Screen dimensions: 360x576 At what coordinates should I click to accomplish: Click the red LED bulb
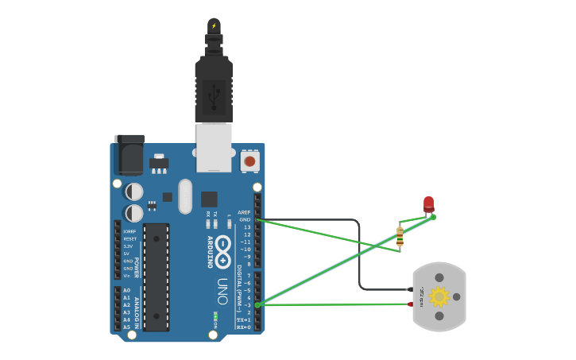pyautogui.click(x=429, y=203)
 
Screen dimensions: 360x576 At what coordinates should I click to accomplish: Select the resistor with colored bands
pyautogui.click(x=400, y=236)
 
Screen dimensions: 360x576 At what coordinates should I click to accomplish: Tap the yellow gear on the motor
pyautogui.click(x=439, y=296)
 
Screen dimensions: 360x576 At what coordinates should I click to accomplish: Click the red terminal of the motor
pyautogui.click(x=411, y=304)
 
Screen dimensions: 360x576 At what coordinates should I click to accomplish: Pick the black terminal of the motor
pyautogui.click(x=411, y=289)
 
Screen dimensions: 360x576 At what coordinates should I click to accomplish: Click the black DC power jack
pyautogui.click(x=129, y=154)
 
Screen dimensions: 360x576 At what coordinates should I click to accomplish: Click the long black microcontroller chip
pyautogui.click(x=157, y=277)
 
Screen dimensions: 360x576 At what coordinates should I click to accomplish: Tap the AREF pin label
pyautogui.click(x=244, y=212)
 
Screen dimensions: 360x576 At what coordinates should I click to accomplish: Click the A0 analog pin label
pyautogui.click(x=126, y=291)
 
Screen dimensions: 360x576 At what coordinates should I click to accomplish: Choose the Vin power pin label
pyautogui.click(x=127, y=276)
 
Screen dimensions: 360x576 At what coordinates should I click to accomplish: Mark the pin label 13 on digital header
pyautogui.click(x=247, y=227)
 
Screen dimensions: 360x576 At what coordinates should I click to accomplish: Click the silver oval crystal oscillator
pyautogui.click(x=185, y=195)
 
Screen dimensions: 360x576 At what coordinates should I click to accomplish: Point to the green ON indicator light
pyautogui.click(x=215, y=316)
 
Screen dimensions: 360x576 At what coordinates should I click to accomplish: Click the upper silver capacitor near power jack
pyautogui.click(x=134, y=192)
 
